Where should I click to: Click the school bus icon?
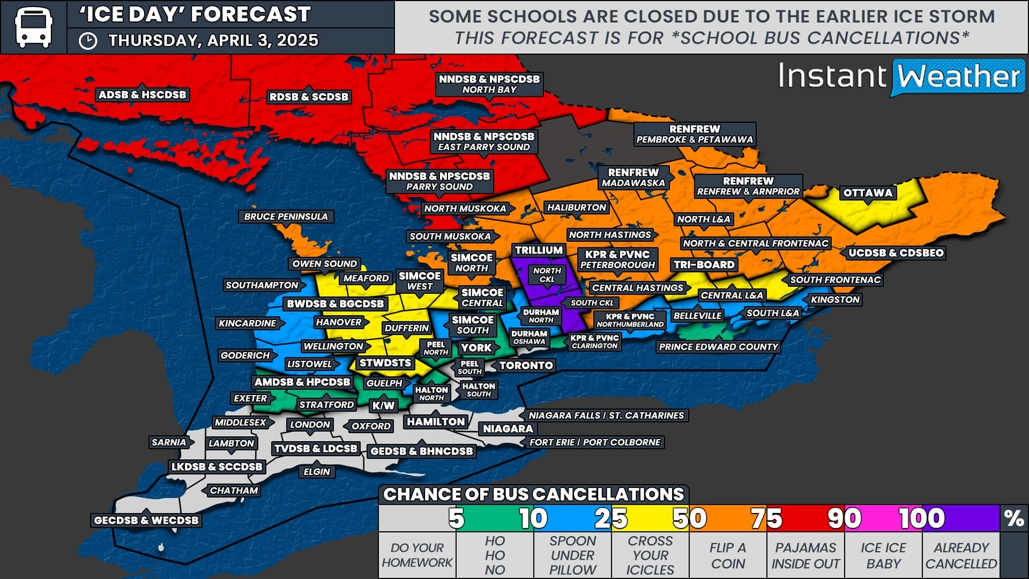33,27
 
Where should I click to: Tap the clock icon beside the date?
88,41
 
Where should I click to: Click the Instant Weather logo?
900,77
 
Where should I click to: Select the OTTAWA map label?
868,193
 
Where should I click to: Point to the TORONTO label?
526,366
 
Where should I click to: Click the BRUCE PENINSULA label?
286,217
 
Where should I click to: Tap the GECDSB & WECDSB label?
146,520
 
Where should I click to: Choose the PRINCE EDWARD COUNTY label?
718,347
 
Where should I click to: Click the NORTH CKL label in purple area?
547,274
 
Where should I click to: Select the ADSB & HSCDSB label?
142,95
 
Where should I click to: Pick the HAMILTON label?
436,422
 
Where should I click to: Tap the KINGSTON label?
834,300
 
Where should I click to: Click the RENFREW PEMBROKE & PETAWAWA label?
695,134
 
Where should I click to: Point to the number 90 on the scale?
844,518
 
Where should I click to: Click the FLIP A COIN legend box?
727,555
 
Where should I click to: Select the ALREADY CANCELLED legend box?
960,555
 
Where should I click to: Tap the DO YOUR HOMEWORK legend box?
417,555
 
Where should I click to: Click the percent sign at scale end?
1013,518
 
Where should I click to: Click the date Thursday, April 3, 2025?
213,41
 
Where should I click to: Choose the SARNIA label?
168,442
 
